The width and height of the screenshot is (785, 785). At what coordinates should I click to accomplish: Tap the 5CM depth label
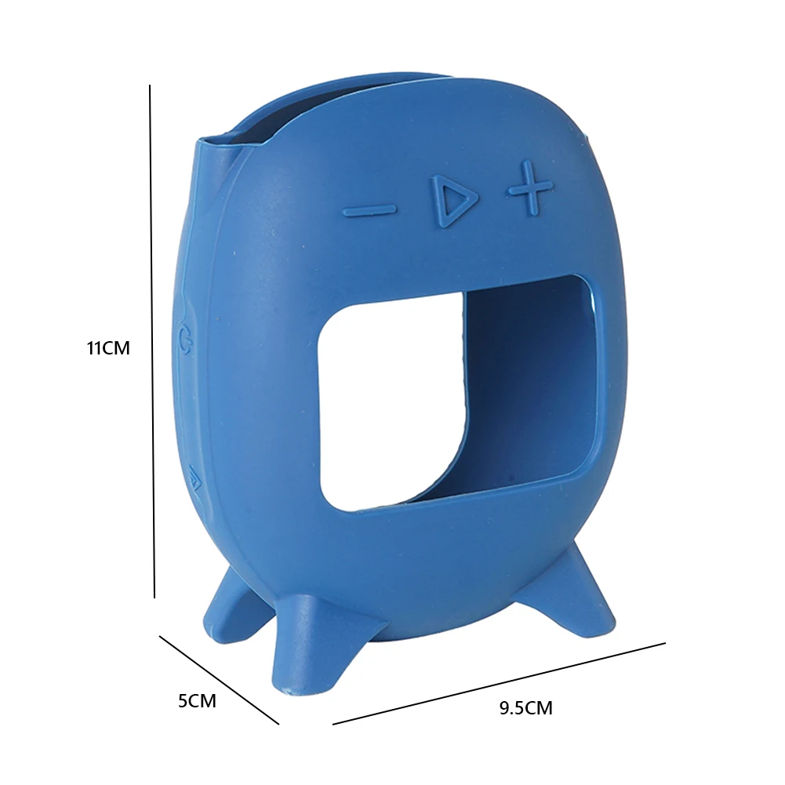pos(197,701)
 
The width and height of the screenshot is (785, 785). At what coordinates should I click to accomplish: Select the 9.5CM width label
pos(525,709)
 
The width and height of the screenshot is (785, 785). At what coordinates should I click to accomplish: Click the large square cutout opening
pos(392,408)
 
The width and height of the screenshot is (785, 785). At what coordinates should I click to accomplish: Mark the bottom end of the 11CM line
pos(154,596)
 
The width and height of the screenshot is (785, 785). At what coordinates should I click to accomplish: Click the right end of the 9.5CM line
pos(664,643)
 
